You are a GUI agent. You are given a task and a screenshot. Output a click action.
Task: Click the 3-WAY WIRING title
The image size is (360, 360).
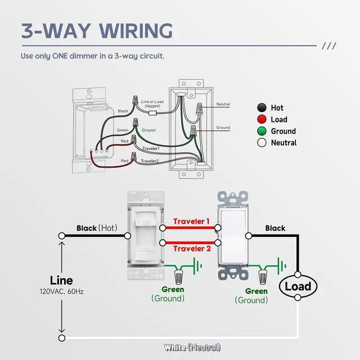(97, 31)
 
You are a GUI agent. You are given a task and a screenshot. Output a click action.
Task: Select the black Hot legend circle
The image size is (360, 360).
(261, 107)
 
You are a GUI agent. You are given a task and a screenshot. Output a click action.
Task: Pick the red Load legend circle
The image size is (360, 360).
(261, 119)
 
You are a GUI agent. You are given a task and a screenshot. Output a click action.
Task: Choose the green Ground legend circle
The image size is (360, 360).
(261, 131)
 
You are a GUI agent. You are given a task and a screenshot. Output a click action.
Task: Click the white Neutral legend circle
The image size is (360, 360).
(261, 143)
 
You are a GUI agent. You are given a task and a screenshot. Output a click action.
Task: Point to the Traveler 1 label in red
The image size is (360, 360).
(192, 222)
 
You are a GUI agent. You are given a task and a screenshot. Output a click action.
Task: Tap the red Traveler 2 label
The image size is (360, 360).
(192, 249)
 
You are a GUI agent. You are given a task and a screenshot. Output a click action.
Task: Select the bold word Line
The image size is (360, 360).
(61, 280)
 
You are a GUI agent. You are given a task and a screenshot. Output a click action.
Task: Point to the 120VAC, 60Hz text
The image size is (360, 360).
(61, 292)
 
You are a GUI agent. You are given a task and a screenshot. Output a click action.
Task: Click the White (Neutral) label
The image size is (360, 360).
(192, 347)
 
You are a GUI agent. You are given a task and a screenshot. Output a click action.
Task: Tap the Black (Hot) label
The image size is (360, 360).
(96, 228)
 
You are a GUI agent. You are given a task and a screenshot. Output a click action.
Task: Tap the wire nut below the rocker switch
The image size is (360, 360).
(263, 277)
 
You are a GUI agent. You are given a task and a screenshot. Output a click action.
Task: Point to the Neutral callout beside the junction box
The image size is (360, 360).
(223, 105)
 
